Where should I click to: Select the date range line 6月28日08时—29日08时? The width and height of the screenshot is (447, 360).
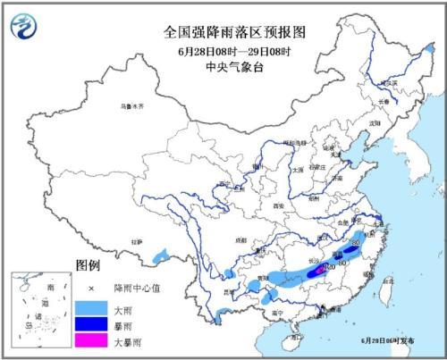click(223, 47)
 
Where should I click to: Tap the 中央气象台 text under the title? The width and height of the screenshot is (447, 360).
click(223, 63)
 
